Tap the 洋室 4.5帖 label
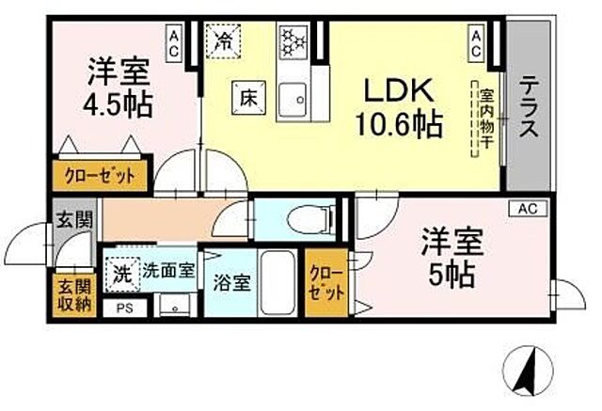pos(119,87)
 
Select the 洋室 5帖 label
pos(451,258)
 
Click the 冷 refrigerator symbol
pos(225,41)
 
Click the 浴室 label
pos(230,282)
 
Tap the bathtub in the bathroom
pos(277,281)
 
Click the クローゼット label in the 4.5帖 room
pos(99,175)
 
